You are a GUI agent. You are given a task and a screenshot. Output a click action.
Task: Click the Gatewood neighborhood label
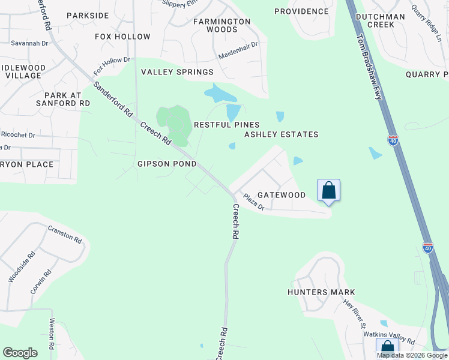(x=281, y=195)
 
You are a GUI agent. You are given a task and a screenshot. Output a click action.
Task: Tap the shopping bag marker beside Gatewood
(x=328, y=191)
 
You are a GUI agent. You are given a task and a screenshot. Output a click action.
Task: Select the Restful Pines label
(x=226, y=125)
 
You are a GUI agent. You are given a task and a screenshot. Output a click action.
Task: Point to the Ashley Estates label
(x=281, y=134)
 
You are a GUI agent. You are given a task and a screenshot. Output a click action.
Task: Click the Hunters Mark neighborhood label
(x=321, y=292)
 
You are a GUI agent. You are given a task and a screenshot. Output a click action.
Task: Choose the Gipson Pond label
(x=166, y=164)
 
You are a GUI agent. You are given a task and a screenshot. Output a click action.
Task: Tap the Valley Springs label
(x=177, y=72)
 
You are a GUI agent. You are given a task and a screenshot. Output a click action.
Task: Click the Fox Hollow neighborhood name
(x=122, y=37)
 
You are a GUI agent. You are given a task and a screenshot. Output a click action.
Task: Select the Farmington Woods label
(x=221, y=25)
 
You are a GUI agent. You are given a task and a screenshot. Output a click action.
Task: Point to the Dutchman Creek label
(x=383, y=21)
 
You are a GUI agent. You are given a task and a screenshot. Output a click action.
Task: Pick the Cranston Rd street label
(x=64, y=235)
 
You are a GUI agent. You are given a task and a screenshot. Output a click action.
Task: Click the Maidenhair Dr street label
(x=238, y=45)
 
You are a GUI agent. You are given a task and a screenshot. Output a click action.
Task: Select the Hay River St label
(x=355, y=311)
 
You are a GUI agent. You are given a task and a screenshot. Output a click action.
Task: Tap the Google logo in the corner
(x=20, y=353)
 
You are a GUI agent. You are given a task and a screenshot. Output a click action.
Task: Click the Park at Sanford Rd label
(x=67, y=99)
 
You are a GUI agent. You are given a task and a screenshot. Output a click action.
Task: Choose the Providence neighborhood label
(x=301, y=11)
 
